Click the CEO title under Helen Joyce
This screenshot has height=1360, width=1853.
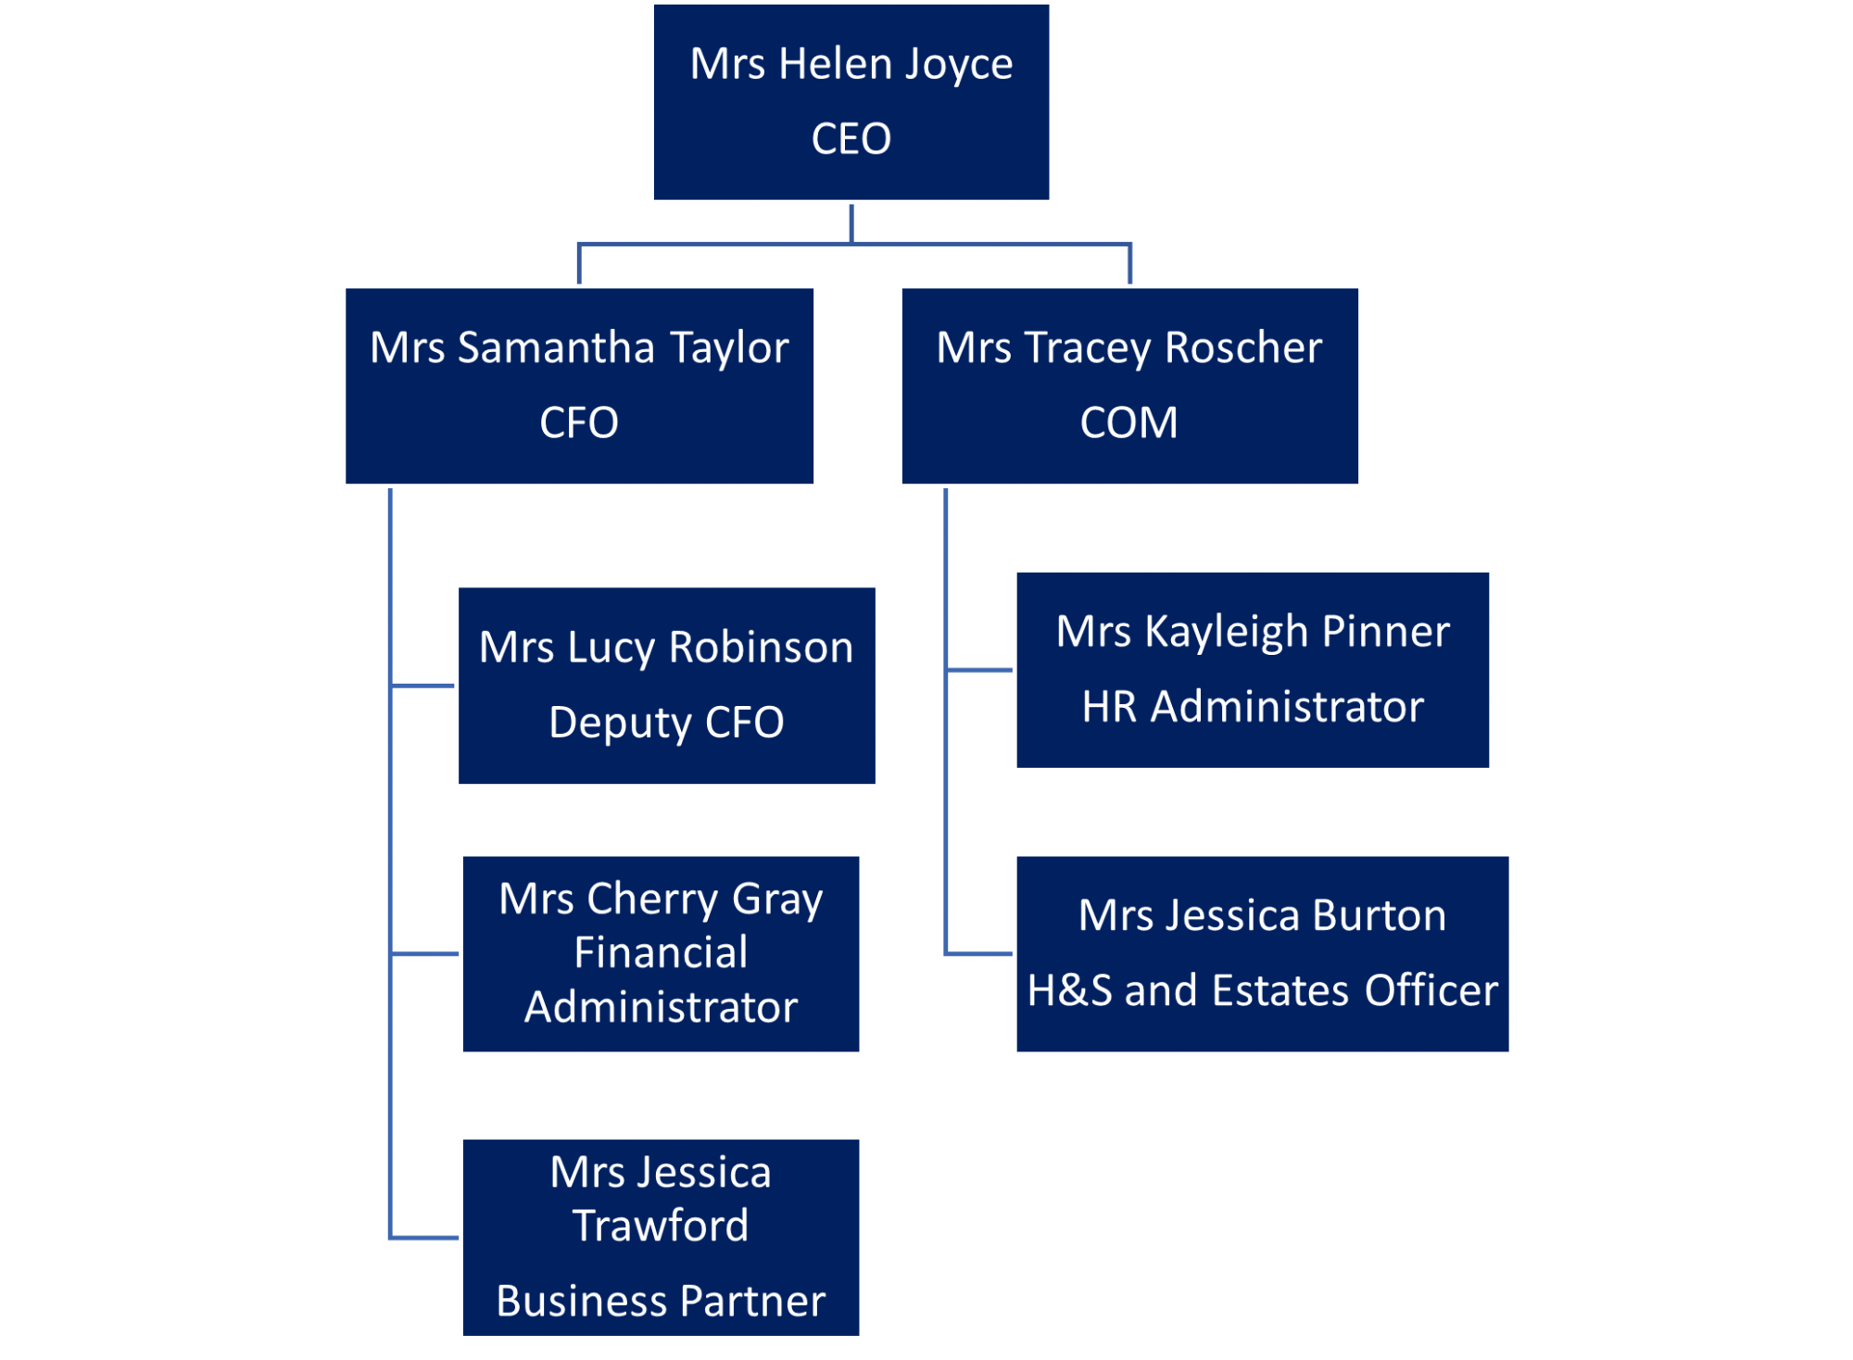pos(851,139)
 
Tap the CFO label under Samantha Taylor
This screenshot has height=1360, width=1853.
pos(579,422)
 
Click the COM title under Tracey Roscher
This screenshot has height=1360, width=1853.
pos(1128,422)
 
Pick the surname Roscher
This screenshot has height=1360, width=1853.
pos(1243,347)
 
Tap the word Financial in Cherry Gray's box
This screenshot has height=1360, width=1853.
pos(661,952)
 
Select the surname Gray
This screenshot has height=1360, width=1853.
pos(777,900)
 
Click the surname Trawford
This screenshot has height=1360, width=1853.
pos(661,1226)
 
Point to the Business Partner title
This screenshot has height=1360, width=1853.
pos(661,1301)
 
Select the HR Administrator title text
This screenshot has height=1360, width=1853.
pos(1253,707)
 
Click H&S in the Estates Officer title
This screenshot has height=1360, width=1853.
pos(1069,990)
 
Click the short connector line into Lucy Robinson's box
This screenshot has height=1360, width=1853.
pos(422,686)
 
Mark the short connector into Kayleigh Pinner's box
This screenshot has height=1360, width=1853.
pos(979,669)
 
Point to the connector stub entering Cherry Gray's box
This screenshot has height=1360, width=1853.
pos(424,952)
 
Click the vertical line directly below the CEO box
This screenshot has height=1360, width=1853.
pos(851,224)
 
